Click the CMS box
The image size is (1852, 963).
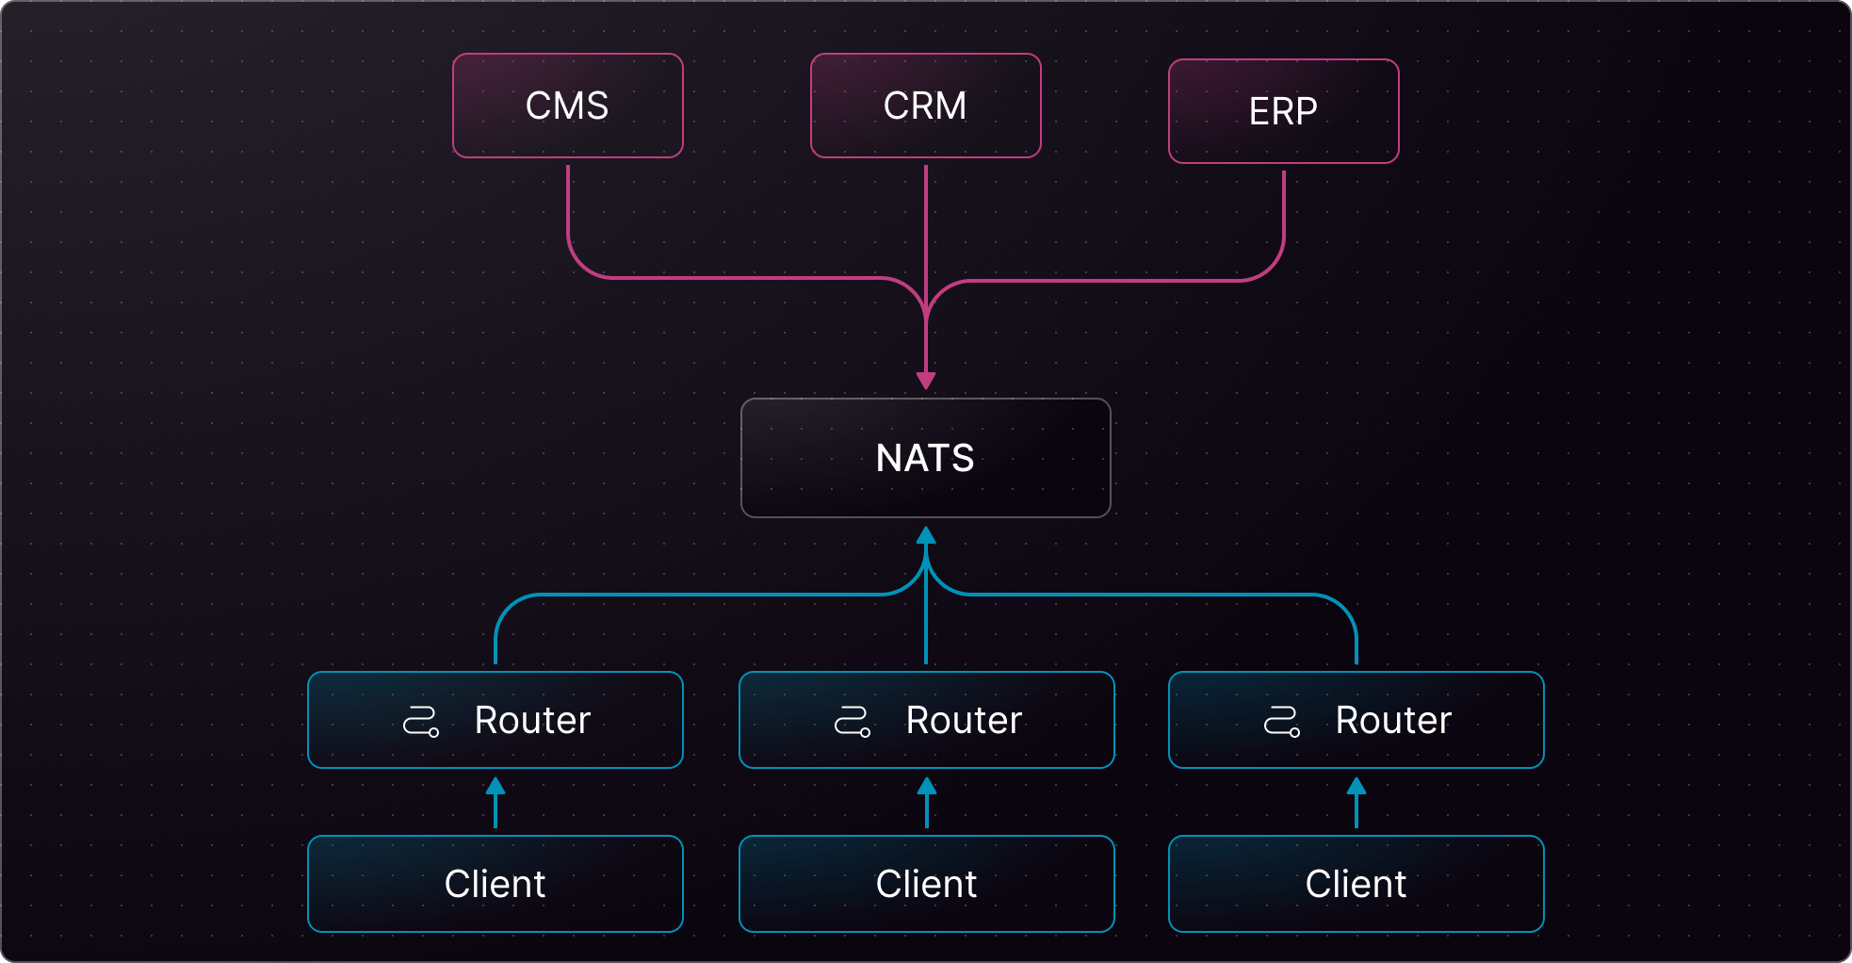(567, 106)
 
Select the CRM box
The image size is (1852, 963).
(925, 106)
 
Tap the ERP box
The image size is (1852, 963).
(1283, 111)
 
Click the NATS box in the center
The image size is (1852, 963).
(925, 458)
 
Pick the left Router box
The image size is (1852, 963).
(495, 720)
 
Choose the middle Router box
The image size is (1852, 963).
(926, 720)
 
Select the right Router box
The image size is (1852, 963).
(1356, 720)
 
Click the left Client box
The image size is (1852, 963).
(495, 884)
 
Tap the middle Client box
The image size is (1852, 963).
(926, 884)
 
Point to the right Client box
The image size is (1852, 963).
(1356, 884)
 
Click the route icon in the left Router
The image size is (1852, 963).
(420, 722)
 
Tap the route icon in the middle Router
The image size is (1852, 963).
(852, 722)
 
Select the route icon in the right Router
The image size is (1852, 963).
(1281, 722)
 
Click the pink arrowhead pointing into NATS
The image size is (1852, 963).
(926, 381)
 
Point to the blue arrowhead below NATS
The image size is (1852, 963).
(926, 536)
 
